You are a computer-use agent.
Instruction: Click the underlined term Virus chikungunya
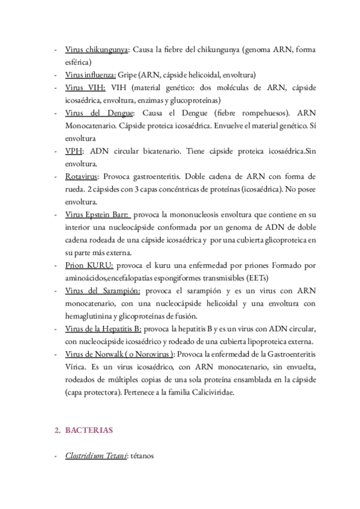point(96,50)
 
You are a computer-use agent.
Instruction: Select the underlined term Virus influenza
point(91,75)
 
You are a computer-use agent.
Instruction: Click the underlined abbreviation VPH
point(74,151)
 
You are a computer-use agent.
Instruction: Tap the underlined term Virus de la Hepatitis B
point(103,328)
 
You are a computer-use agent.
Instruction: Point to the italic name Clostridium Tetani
point(95,456)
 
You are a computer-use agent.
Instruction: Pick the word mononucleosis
point(190,214)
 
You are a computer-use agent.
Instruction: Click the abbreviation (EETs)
point(258,277)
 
